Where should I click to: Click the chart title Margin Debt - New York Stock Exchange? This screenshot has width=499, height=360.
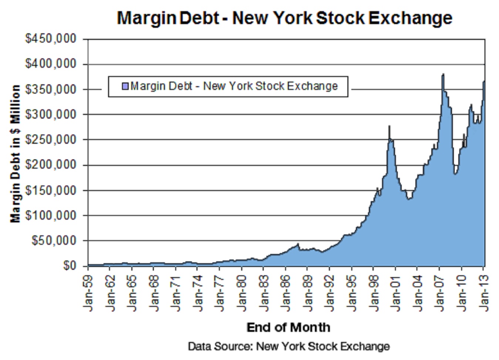[284, 18]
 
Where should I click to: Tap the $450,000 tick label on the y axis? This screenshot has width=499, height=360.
[51, 39]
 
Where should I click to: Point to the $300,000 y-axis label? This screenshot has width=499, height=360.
[51, 115]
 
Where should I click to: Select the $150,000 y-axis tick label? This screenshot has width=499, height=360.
[51, 190]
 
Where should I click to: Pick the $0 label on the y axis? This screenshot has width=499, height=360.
[69, 266]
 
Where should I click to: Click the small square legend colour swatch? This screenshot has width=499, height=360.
[125, 86]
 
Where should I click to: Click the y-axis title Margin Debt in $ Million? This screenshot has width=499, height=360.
[15, 153]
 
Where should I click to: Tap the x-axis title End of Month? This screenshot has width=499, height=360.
[288, 327]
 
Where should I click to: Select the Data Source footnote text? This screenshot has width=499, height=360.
[289, 346]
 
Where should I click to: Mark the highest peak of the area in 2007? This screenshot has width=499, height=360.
[443, 74]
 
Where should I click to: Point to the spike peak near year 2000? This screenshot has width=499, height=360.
[389, 126]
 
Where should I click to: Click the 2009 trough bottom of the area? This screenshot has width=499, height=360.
[455, 174]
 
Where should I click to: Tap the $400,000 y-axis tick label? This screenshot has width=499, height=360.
[51, 64]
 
